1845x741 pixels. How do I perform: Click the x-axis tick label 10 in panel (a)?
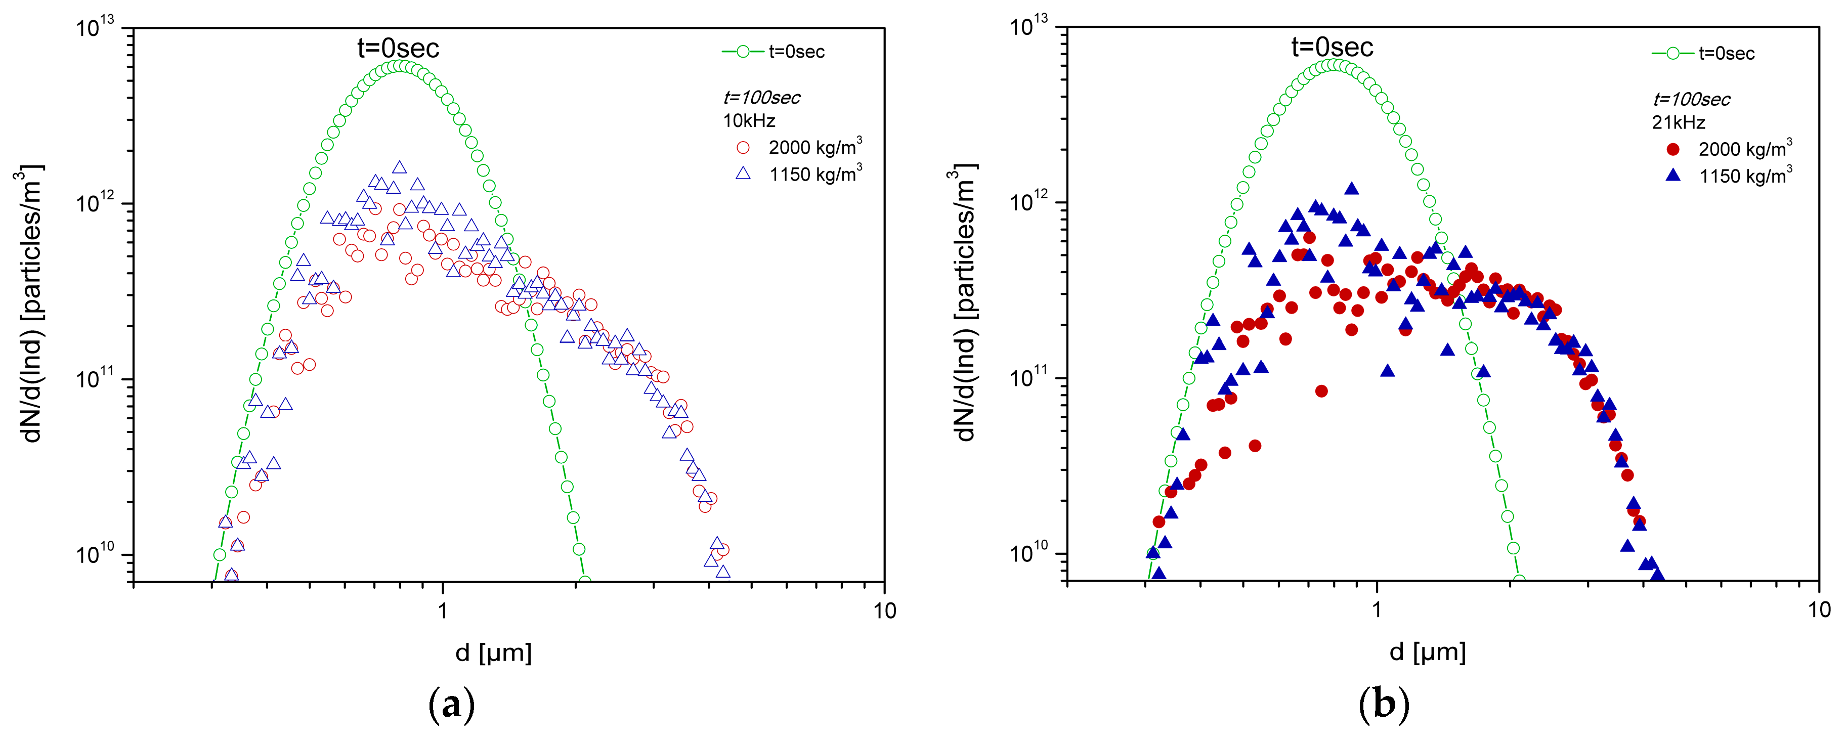(x=884, y=611)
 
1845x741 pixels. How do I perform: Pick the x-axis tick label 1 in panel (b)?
(x=1377, y=610)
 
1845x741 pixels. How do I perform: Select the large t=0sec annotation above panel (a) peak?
(x=398, y=48)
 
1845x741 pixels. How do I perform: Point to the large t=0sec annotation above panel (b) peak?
(x=1332, y=47)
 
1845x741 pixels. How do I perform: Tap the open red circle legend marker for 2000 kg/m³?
(x=744, y=148)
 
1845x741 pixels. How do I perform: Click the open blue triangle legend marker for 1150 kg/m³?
(x=744, y=173)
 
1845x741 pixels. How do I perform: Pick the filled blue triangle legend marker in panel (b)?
(x=1673, y=175)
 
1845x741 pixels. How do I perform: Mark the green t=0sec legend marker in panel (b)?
(x=1673, y=53)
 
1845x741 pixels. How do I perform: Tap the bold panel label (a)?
(x=451, y=705)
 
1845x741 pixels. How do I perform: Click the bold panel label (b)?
(x=1384, y=705)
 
